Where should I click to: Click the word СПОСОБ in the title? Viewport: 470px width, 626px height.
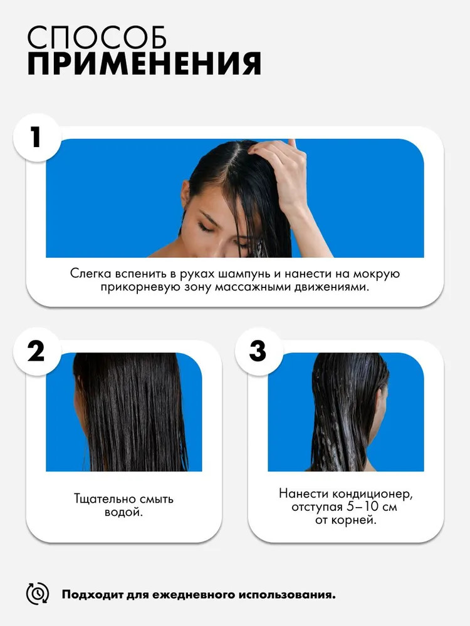(97, 38)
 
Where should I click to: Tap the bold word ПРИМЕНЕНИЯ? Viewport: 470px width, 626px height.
(144, 63)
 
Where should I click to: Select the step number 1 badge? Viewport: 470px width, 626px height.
(37, 137)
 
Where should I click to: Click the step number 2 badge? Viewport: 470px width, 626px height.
(37, 351)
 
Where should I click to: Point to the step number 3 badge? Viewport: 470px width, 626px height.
(259, 351)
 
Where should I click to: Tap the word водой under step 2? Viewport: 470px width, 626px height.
(123, 512)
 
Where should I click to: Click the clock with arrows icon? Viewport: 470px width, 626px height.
(38, 593)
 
